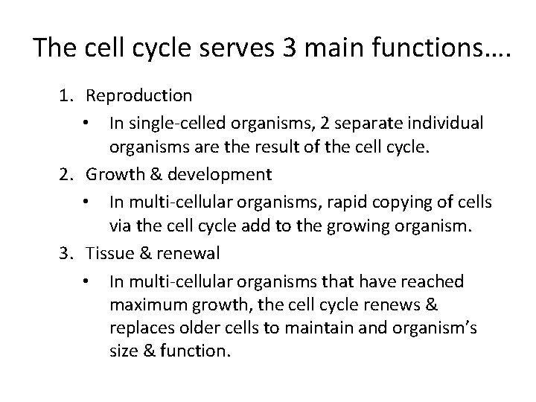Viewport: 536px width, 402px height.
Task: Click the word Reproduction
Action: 139,96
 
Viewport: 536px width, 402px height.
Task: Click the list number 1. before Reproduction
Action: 68,96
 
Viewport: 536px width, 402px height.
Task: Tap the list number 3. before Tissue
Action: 68,253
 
